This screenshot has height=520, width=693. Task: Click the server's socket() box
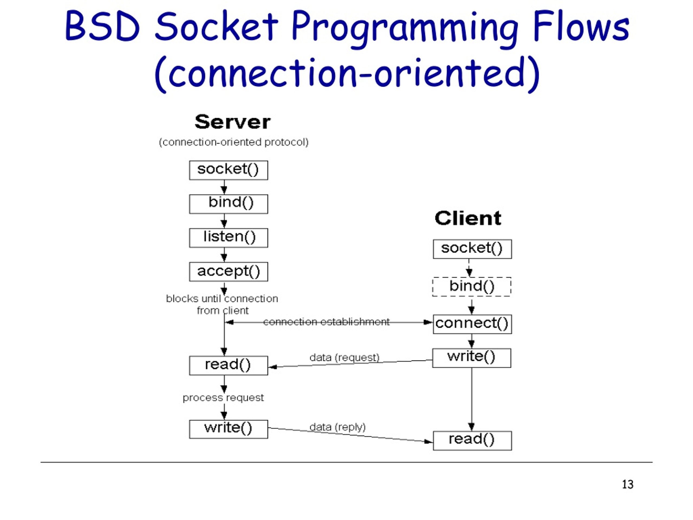coord(228,170)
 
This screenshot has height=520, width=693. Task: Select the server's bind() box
coord(228,204)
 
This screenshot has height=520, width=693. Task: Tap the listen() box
coord(228,238)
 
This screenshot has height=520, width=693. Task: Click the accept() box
coord(228,271)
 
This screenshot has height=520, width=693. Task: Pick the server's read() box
coord(228,365)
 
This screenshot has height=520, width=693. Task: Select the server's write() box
coord(228,429)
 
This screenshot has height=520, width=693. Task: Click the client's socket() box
coord(472,249)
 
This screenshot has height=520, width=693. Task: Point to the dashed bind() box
coord(472,287)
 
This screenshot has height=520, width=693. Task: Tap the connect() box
coord(472,324)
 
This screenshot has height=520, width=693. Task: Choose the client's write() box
coord(472,358)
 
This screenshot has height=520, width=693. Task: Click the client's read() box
coord(472,440)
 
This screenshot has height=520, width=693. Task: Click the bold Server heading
coord(233,122)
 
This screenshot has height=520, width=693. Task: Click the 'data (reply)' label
coord(337,427)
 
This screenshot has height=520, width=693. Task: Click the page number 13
coord(627,484)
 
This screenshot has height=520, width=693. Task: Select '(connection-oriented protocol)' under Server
coord(233,142)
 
